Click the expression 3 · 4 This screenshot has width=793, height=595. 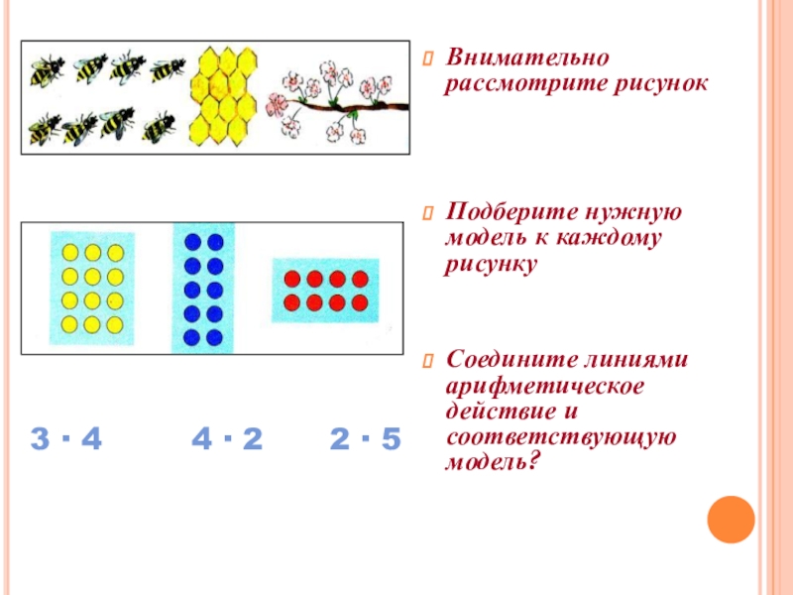tap(66, 439)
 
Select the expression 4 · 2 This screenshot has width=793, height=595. tap(226, 439)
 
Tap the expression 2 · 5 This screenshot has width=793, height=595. tap(365, 439)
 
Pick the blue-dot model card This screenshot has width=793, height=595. tap(203, 289)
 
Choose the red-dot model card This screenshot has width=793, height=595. tap(325, 289)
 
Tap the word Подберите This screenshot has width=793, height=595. tap(503, 213)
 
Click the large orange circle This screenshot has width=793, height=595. tap(732, 517)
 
